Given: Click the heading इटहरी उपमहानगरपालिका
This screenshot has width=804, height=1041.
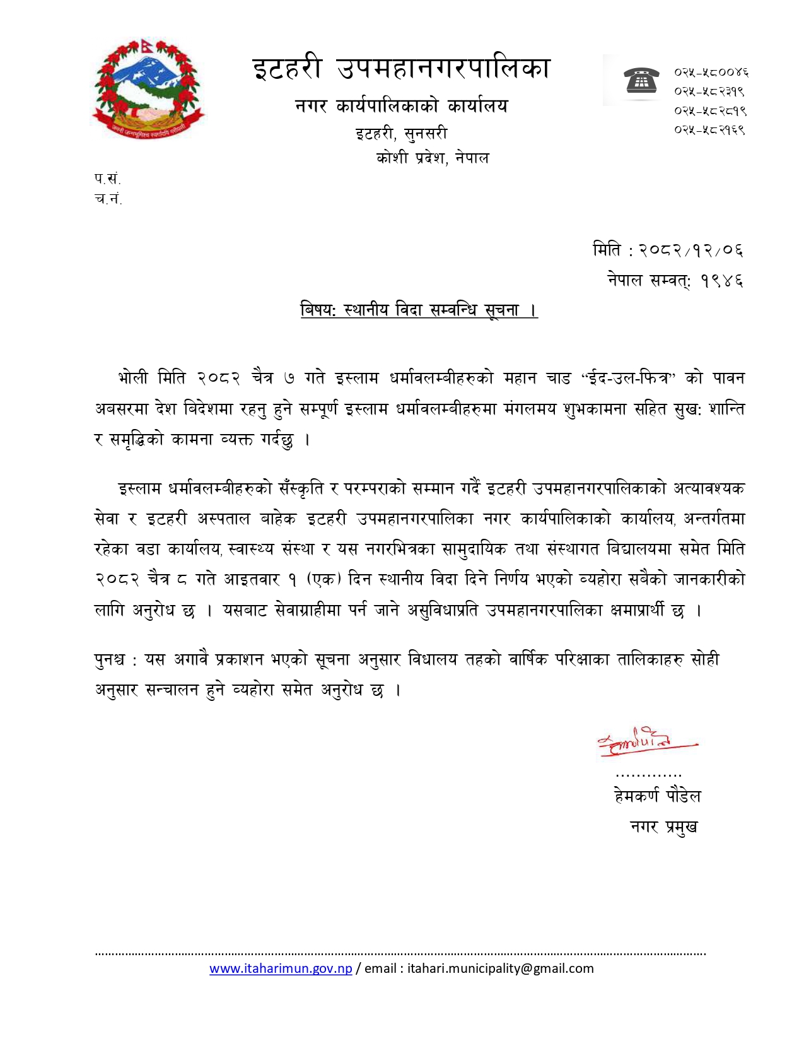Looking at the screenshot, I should click(x=402, y=69).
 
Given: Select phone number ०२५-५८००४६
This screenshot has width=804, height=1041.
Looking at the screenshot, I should click(x=711, y=72).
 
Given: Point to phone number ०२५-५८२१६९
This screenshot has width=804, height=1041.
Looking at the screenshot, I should click(x=709, y=130).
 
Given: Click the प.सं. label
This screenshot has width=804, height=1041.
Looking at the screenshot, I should click(x=107, y=179).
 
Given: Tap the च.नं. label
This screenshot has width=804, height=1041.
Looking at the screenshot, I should click(x=108, y=199).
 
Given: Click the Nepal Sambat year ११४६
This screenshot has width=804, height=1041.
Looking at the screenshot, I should click(x=721, y=280).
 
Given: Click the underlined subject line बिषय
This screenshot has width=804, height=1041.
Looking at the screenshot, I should click(x=419, y=310).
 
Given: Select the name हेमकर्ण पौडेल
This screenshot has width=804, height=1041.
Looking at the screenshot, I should click(x=657, y=796).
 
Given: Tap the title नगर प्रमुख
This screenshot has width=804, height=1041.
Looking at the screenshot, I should click(x=664, y=826).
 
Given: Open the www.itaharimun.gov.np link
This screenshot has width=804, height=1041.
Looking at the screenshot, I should click(x=281, y=968).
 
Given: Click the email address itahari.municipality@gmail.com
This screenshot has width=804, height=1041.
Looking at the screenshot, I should click(x=500, y=968).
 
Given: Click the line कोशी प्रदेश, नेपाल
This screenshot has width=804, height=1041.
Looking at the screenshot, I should click(x=433, y=158).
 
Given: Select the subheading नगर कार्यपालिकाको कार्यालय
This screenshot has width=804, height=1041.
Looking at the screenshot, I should click(x=401, y=106).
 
